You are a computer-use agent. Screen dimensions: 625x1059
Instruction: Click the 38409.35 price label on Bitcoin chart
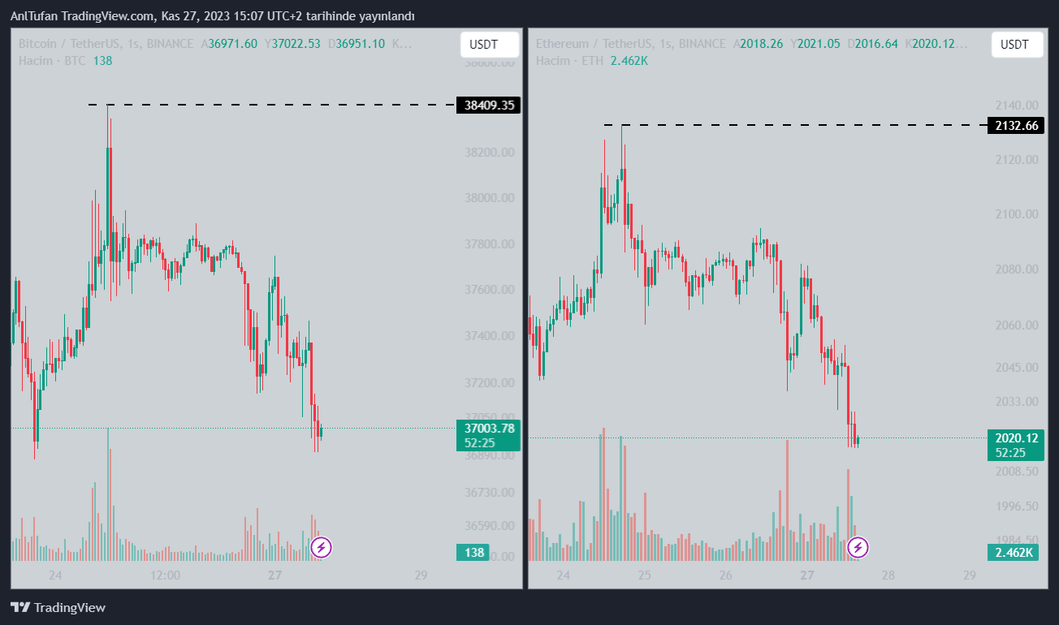coord(488,105)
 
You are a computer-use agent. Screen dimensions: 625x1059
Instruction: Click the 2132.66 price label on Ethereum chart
coord(1015,125)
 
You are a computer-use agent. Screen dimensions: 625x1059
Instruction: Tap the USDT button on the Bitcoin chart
coord(489,45)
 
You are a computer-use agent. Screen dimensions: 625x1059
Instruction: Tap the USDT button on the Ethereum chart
coord(1014,45)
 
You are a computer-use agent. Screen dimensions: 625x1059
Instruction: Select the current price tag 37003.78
coord(488,428)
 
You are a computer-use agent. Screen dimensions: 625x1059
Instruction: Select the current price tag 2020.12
coord(1015,438)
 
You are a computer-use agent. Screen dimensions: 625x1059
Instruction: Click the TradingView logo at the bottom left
coord(58,607)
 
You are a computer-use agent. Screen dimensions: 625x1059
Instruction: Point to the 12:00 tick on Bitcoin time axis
coord(165,575)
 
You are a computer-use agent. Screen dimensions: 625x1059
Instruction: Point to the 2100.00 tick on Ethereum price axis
coord(1017,214)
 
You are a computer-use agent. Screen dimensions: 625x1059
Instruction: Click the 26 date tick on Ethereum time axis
coord(725,575)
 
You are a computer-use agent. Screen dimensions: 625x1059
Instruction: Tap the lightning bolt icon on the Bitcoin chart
coord(322,547)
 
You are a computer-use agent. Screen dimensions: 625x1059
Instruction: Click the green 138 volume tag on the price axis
coord(473,553)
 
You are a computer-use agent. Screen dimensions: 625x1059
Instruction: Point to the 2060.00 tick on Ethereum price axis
coord(1017,325)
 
